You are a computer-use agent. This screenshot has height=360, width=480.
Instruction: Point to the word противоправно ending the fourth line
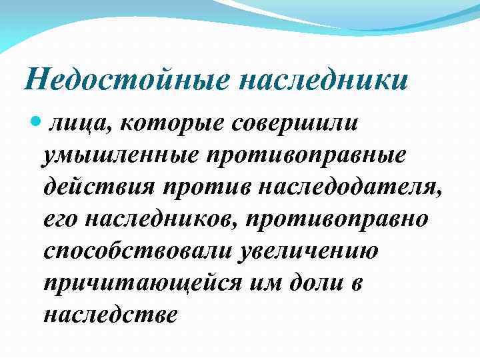pos(347,219)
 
